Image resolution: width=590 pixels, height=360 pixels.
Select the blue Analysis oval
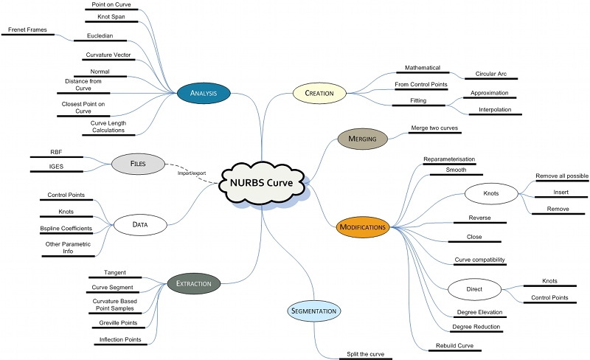tap(204, 93)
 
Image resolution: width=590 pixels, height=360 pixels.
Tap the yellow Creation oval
tap(319, 93)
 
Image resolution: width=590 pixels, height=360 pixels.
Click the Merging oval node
tap(363, 138)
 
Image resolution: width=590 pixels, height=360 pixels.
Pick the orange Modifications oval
tap(363, 227)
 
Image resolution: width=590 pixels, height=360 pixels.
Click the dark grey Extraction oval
tap(194, 283)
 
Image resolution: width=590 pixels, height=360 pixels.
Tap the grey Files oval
tap(138, 163)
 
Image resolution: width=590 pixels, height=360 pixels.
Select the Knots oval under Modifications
tap(490, 194)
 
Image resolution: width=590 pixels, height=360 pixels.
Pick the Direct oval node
tap(474, 289)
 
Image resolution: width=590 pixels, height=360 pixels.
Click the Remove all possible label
tap(561, 176)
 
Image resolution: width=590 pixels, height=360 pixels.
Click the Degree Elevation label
tap(476, 312)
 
